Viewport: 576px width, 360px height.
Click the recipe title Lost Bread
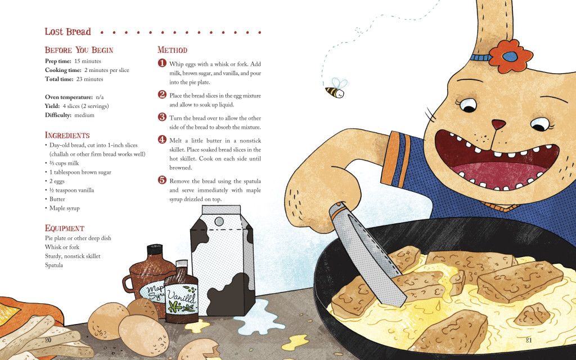[x=67, y=31]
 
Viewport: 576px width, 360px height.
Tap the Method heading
[x=172, y=50]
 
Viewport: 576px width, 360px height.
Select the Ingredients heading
[x=67, y=135]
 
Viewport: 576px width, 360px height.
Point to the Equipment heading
[x=65, y=228]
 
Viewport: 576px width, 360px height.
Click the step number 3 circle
[x=163, y=117]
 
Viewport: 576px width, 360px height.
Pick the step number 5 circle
[x=163, y=180]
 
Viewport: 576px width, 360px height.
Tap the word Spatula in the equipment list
[x=54, y=265]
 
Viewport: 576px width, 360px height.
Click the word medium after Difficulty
[x=84, y=115]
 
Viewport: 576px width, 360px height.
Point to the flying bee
[x=336, y=88]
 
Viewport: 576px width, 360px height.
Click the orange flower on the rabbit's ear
[x=510, y=56]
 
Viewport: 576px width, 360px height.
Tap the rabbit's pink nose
[x=498, y=124]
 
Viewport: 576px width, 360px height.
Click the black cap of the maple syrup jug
[x=154, y=250]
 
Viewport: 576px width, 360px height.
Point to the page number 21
[x=529, y=340]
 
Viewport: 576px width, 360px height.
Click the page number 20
[x=48, y=340]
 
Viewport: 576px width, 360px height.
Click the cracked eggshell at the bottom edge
[x=199, y=349]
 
